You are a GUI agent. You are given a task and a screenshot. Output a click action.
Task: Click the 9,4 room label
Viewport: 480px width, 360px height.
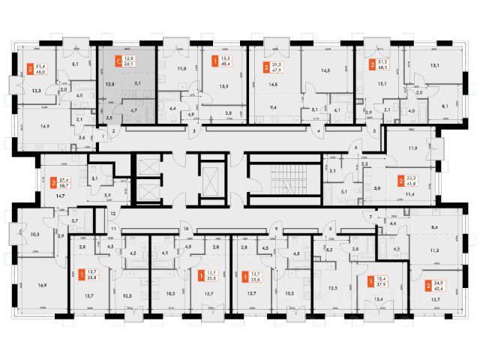[273, 107]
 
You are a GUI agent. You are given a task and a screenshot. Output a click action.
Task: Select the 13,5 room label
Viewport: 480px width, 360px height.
[333, 286]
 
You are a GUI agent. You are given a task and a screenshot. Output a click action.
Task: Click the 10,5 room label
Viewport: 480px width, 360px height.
[34, 233]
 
